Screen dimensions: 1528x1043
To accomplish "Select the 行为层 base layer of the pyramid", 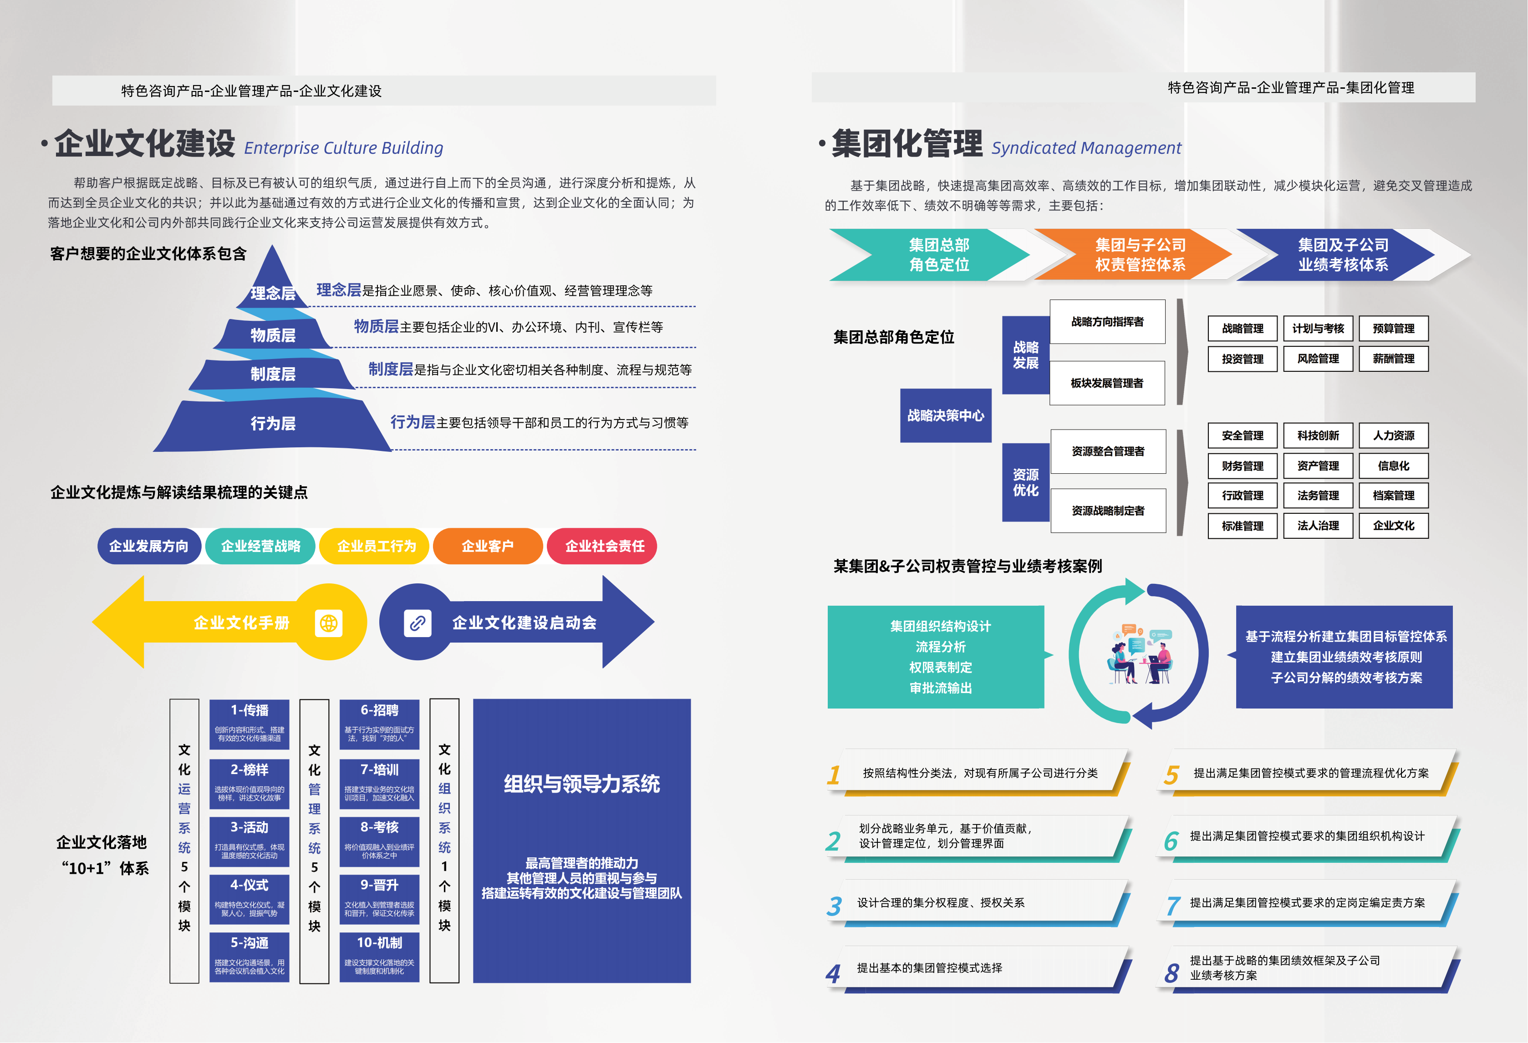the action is pos(272,423).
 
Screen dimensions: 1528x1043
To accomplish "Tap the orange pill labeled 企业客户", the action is pos(487,546).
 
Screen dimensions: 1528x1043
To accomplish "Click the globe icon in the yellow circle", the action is pos(329,623).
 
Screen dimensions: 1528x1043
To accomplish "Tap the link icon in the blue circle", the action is pos(418,623).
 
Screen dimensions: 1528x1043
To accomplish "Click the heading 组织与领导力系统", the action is pos(582,784).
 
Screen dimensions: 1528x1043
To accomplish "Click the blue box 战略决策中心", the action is pos(946,415).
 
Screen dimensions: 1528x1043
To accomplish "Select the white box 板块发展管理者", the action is pos(1107,383).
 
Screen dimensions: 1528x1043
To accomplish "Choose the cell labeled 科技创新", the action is pos(1318,435).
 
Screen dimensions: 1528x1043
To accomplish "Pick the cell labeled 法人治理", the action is pos(1318,526).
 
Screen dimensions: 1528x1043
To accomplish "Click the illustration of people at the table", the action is pos(1139,654).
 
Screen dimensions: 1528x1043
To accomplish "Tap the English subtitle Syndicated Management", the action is pos(1086,148).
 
